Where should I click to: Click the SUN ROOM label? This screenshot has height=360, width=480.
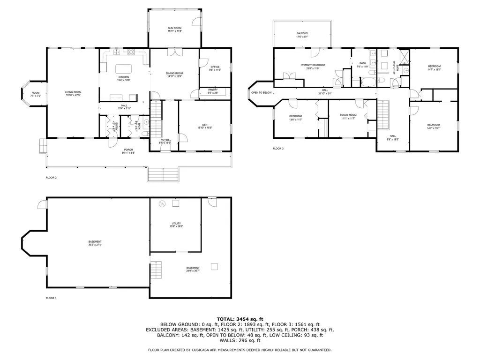tap(175, 29)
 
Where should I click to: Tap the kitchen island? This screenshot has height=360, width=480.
tap(125, 68)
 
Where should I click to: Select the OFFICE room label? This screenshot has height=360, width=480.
tap(215, 67)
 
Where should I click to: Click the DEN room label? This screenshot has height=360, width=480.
tap(204, 125)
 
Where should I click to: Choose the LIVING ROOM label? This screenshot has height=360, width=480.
tap(73, 92)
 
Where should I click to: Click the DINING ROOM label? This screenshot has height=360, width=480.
tap(174, 74)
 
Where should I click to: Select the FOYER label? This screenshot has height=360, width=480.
tap(165, 140)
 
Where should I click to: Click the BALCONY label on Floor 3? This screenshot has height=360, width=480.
tap(302, 33)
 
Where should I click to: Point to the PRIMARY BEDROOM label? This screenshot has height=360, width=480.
tap(313, 65)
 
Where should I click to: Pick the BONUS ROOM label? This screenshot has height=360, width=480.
tap(348, 115)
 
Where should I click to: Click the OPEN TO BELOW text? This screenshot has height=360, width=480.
tap(262, 93)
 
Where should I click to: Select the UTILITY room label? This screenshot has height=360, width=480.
tap(176, 224)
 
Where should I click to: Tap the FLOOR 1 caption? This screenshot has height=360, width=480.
tap(51, 298)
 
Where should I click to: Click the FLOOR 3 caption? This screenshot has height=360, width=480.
tap(278, 149)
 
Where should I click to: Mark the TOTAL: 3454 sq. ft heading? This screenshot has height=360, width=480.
tap(240, 319)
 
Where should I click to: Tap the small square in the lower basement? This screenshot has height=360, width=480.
tap(214, 267)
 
